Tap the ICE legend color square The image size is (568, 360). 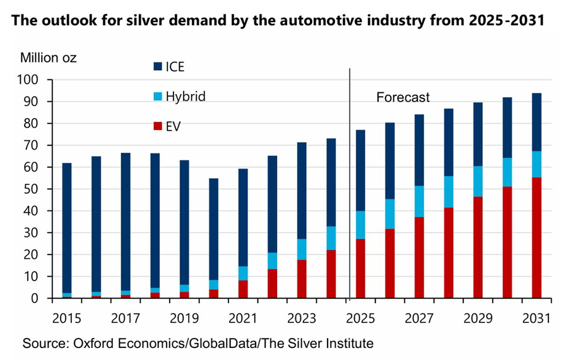(x=157, y=66)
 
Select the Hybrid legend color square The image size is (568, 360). (x=157, y=97)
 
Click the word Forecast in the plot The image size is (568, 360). (x=403, y=97)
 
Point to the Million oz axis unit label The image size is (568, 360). (x=49, y=59)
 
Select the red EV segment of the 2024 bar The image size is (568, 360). (x=331, y=274)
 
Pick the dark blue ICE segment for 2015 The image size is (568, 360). (x=66, y=227)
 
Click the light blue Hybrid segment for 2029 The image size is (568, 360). (x=478, y=181)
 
